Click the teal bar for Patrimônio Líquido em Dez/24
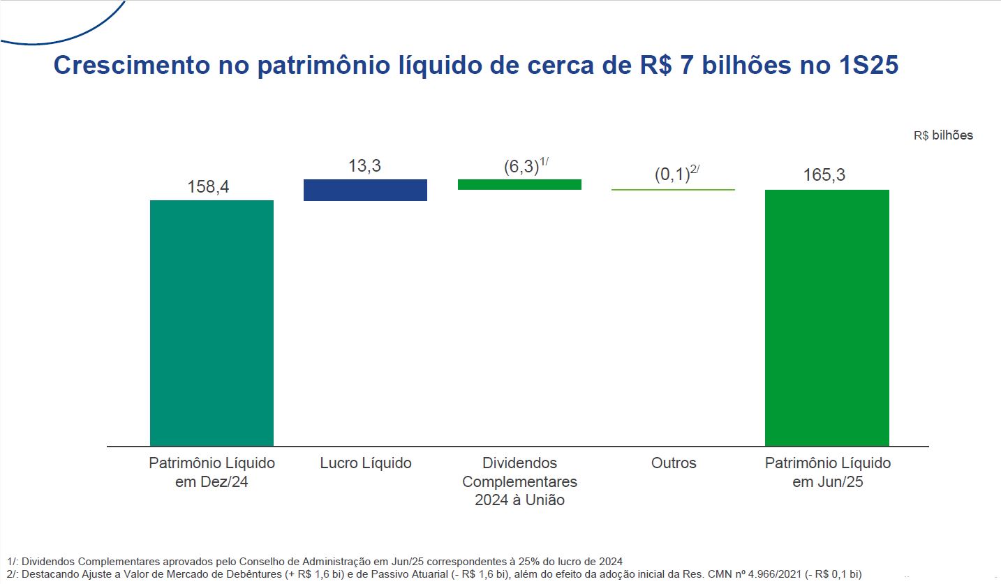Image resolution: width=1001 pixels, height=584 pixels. point(212,322)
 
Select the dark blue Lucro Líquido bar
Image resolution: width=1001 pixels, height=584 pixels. point(365,190)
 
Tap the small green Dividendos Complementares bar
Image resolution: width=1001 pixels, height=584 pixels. point(519,184)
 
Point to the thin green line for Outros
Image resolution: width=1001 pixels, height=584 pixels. point(673,189)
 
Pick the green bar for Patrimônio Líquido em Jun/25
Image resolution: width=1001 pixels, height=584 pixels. point(826,317)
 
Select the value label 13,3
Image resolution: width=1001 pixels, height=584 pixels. point(364,166)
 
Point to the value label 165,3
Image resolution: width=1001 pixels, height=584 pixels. point(824,175)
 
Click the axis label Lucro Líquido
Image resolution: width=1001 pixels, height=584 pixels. point(366,463)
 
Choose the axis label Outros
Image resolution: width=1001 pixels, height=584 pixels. point(674,463)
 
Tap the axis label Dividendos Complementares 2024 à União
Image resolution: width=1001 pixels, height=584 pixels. point(519,481)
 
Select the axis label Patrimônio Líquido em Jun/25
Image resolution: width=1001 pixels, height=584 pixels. point(827,472)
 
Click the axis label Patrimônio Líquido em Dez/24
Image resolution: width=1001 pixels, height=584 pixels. point(212,472)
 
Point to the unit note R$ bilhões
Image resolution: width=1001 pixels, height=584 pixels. point(942,135)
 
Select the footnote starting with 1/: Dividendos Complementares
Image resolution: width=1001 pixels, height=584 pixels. point(314,561)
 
